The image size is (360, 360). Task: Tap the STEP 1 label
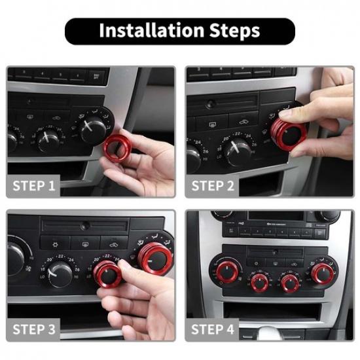(x=34, y=186)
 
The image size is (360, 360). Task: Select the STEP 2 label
(x=213, y=186)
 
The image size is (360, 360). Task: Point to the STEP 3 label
(x=34, y=329)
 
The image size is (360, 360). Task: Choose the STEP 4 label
(x=213, y=329)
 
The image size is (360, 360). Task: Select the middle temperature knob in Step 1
(x=49, y=138)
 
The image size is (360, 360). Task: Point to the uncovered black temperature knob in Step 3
(x=60, y=273)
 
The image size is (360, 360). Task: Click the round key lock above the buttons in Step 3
(x=85, y=226)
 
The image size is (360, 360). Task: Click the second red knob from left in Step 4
(x=259, y=282)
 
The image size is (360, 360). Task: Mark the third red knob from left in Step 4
(x=289, y=282)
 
